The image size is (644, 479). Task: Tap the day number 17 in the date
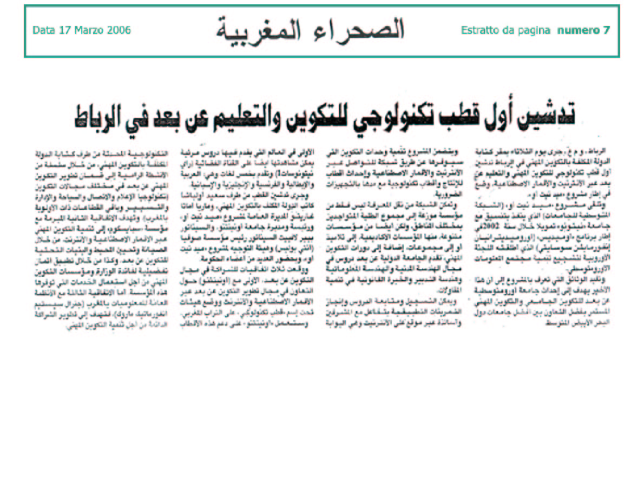point(63,30)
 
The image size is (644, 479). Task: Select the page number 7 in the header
point(606,30)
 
